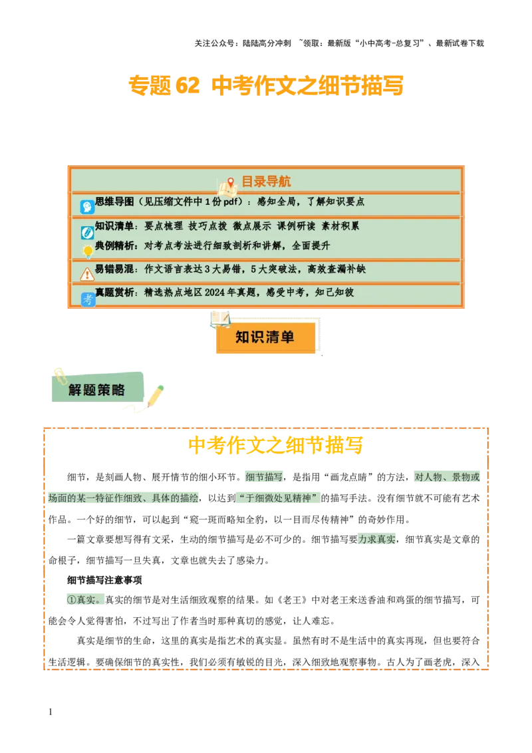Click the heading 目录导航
coord(265,182)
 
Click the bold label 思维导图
coord(114,202)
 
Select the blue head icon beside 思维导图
coord(87,207)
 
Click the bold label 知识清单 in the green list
coord(114,226)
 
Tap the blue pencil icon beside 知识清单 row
coord(87,232)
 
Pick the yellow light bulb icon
coord(87,251)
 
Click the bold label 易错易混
coord(114,269)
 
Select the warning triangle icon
coord(87,274)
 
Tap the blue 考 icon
coord(88,299)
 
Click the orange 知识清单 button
coord(265,337)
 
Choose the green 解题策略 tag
coord(97,390)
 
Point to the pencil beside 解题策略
coord(155,396)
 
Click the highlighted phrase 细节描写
coord(265,477)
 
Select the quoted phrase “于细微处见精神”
coord(278,498)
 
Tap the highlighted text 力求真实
coord(377,539)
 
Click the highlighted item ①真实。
coord(84,599)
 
